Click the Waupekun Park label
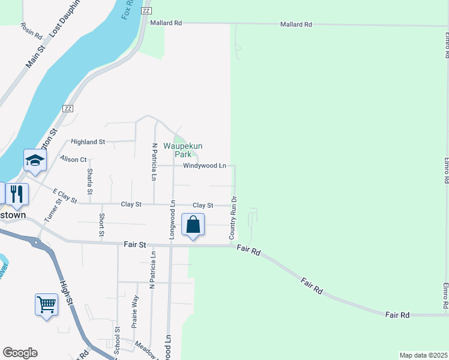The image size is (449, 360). pyautogui.click(x=183, y=150)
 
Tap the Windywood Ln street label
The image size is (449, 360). pyautogui.click(x=205, y=166)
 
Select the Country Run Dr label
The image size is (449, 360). pyautogui.click(x=233, y=217)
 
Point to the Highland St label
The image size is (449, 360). pyautogui.click(x=88, y=142)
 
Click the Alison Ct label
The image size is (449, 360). pyautogui.click(x=74, y=159)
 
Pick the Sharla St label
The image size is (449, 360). pyautogui.click(x=90, y=181)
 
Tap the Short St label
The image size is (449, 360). pyautogui.click(x=102, y=224)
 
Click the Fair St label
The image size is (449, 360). pyautogui.click(x=135, y=245)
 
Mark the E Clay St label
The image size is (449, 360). pyautogui.click(x=65, y=196)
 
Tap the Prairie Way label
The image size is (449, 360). pyautogui.click(x=135, y=310)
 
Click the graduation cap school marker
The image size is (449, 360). pyautogui.click(x=35, y=160)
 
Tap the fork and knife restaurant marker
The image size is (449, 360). pyautogui.click(x=17, y=194)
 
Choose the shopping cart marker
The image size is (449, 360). pyautogui.click(x=46, y=304)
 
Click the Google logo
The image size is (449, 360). pyautogui.click(x=20, y=353)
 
